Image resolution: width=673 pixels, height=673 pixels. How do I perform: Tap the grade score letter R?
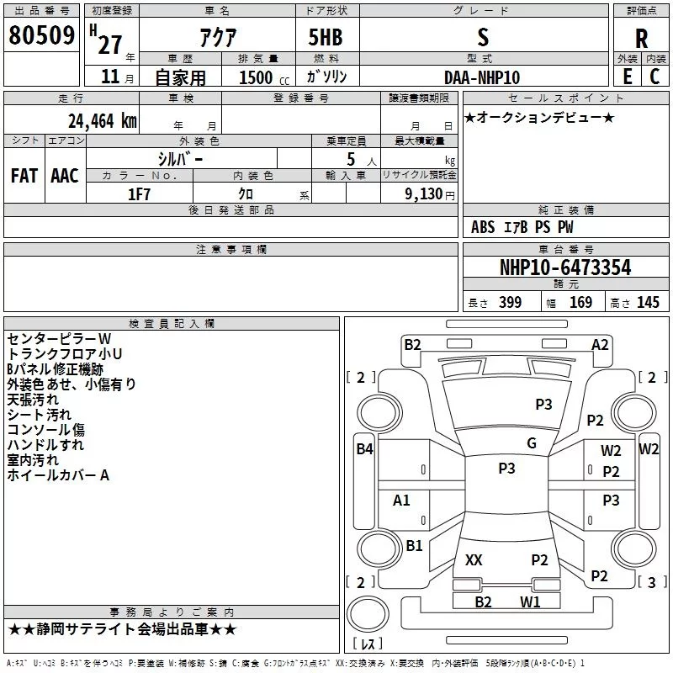point(641,38)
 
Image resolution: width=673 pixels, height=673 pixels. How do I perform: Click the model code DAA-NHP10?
point(482,77)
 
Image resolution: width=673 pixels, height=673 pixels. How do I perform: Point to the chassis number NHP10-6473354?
point(565,268)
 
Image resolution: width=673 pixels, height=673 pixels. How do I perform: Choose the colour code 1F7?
point(139,193)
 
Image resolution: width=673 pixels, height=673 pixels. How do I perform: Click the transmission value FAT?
point(24,176)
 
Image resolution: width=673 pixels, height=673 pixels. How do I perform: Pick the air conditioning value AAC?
point(65,176)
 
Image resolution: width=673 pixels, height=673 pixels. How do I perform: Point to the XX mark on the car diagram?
point(474,560)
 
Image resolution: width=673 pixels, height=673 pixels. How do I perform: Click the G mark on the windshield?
point(532,443)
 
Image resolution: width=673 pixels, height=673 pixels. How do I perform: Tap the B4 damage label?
point(364,449)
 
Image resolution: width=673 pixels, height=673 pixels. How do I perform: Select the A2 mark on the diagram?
point(600,344)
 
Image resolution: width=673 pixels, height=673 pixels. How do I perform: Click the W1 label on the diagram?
point(529,601)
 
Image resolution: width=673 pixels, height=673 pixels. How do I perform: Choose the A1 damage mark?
point(402,501)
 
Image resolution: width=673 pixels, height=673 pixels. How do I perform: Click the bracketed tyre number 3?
point(650,582)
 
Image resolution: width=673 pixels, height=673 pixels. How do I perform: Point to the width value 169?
point(580,303)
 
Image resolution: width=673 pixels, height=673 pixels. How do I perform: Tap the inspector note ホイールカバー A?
point(59,475)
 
